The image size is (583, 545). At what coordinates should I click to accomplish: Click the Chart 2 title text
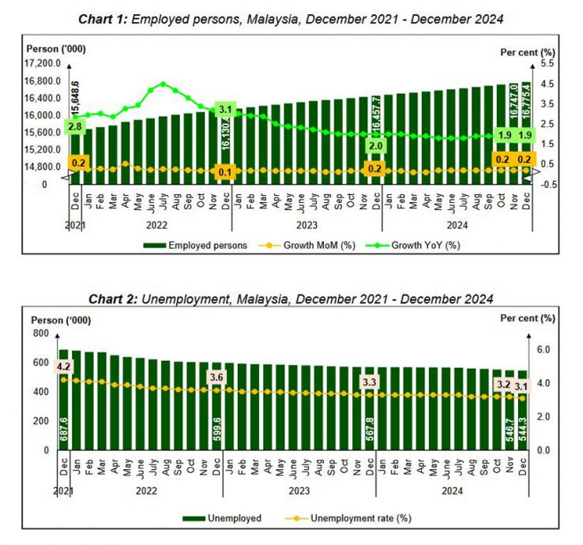point(291,299)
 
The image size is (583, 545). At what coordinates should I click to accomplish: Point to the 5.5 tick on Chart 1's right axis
point(546,63)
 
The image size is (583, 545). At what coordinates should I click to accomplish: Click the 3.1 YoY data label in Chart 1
point(225,110)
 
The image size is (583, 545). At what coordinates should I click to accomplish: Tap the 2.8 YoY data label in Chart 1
point(76,126)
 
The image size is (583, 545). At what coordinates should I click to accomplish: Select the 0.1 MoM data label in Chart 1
point(225,171)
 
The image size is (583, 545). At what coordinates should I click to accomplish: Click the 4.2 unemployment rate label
point(64,366)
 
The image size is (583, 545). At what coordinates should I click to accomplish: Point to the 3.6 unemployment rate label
point(216,378)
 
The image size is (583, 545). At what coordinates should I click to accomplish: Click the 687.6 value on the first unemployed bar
point(63,427)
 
